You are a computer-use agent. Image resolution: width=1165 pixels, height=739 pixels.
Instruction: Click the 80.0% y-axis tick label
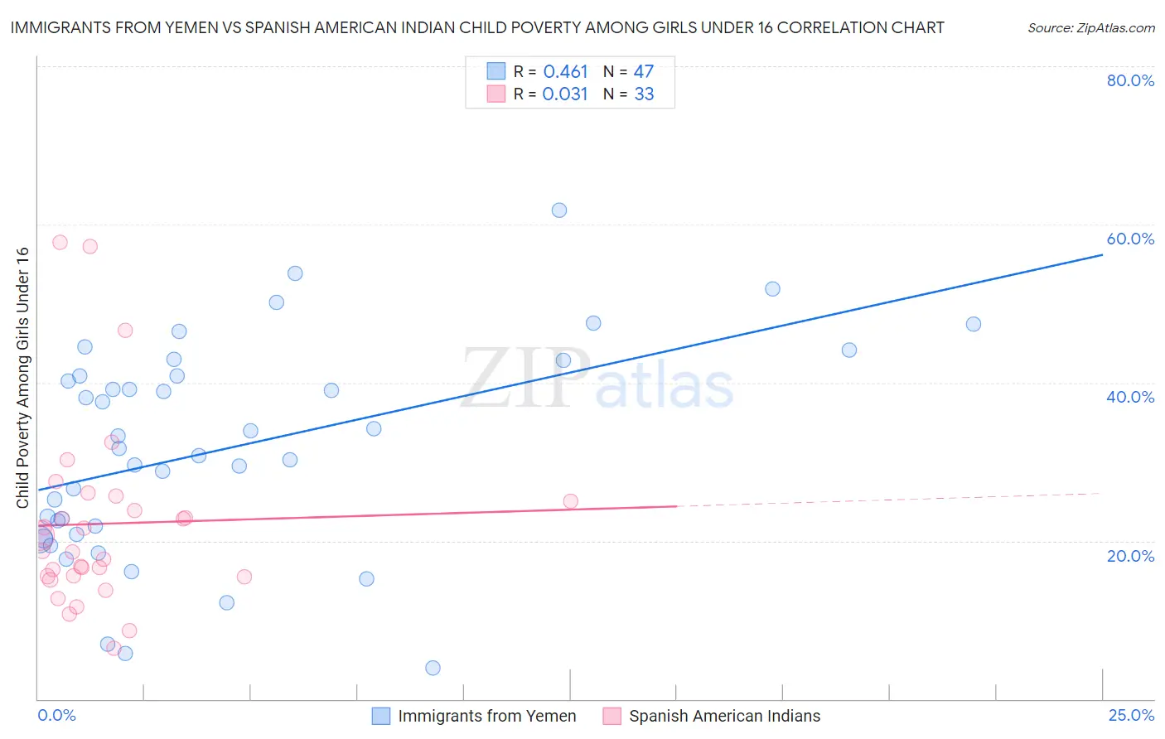tap(1130, 80)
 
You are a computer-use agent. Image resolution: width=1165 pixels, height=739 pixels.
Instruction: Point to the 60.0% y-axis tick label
tap(1130, 239)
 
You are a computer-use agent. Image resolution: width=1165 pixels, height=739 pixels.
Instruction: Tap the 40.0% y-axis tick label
tap(1130, 397)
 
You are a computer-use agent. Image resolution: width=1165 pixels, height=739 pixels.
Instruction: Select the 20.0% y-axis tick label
tap(1130, 556)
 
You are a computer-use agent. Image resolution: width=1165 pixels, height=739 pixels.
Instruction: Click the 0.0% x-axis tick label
tap(56, 715)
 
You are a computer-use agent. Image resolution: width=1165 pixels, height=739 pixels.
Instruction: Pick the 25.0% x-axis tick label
tap(1131, 715)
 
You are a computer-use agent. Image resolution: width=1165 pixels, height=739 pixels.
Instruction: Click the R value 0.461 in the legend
tap(565, 72)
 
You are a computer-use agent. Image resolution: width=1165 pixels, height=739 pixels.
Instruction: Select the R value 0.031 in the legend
tap(565, 94)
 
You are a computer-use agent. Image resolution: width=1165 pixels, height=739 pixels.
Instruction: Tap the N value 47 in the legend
tap(644, 72)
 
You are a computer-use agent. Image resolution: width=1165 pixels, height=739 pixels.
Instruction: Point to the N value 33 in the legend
tap(644, 94)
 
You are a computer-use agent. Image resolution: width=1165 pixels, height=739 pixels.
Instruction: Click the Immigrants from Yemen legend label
tap(486, 716)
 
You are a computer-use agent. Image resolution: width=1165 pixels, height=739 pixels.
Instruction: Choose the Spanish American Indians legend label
tap(724, 716)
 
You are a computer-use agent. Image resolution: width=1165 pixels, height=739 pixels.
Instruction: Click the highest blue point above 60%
tap(559, 210)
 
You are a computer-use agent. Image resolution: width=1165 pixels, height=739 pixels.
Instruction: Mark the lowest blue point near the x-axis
tap(433, 668)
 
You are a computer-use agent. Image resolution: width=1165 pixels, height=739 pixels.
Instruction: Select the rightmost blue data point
tap(974, 324)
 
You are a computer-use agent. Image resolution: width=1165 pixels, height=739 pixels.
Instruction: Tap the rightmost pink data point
tap(570, 501)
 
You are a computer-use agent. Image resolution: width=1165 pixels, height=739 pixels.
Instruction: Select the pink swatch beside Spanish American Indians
tap(612, 716)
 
